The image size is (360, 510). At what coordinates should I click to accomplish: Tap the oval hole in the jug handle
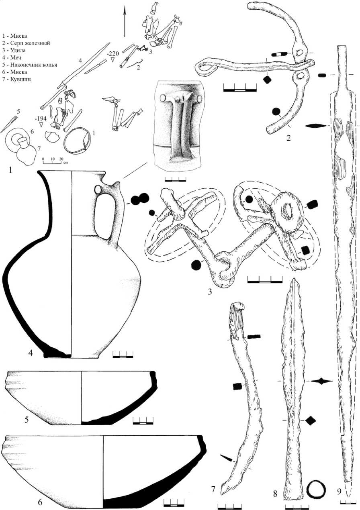(98, 190)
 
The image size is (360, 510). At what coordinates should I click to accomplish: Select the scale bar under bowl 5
(143, 421)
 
